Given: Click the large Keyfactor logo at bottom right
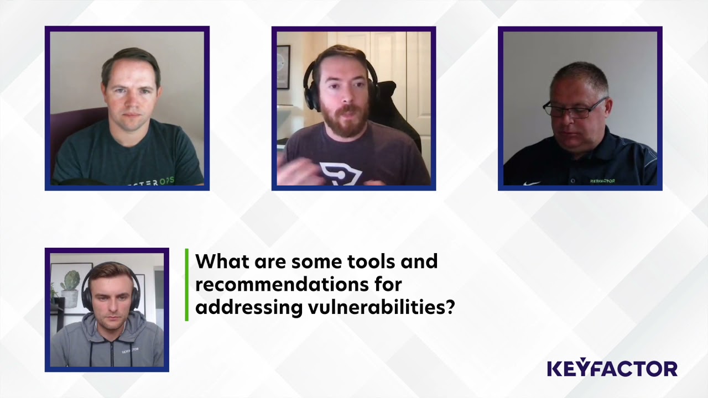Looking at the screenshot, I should click(612, 369).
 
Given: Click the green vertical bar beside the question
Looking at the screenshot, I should click(187, 285).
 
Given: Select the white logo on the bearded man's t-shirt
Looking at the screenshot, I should click(340, 172).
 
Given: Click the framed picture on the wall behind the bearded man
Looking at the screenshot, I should click(283, 67).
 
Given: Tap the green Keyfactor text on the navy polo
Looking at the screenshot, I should click(602, 181).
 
